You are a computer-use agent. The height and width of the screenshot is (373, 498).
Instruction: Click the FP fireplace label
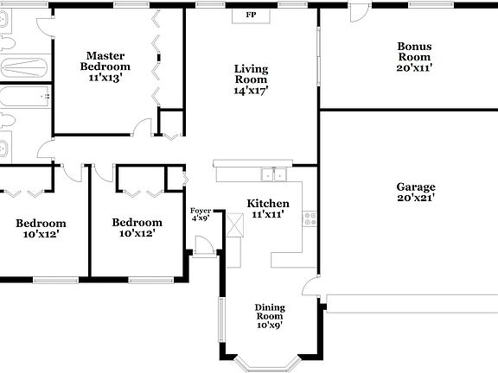click(252, 16)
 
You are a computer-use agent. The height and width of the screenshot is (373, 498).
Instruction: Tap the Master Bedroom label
click(105, 60)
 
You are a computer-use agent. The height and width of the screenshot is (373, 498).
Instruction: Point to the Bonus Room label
click(414, 51)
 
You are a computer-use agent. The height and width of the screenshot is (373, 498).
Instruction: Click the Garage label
click(416, 186)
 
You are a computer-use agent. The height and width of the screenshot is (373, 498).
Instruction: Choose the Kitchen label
click(268, 204)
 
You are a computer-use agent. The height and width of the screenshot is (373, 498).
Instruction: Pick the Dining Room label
click(269, 311)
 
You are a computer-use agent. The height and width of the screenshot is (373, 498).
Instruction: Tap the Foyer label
click(200, 210)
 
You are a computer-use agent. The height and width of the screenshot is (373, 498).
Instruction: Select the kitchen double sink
click(274, 174)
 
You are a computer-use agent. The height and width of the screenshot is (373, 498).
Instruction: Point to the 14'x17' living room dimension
click(252, 90)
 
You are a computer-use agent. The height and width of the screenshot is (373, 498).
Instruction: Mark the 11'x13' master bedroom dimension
click(105, 77)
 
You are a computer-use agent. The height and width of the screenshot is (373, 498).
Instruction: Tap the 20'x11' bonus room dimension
click(414, 66)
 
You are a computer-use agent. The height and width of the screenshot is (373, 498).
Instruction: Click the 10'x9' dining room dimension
click(269, 326)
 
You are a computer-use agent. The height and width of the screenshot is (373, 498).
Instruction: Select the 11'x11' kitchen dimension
click(268, 214)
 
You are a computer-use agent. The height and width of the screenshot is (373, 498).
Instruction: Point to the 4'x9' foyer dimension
click(200, 218)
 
